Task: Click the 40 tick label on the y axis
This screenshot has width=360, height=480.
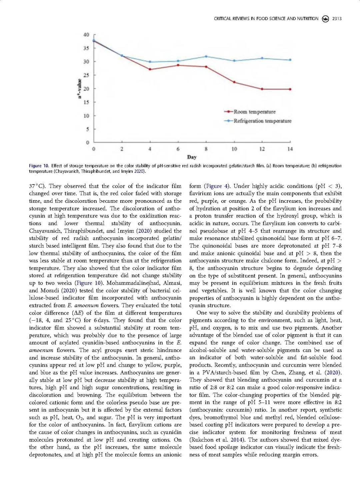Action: [x=86, y=35]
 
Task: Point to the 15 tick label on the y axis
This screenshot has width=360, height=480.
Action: [x=86, y=102]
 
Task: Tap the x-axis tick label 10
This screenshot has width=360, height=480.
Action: [x=234, y=149]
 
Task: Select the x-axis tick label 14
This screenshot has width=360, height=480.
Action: [x=290, y=149]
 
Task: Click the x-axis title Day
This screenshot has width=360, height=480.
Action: [x=192, y=157]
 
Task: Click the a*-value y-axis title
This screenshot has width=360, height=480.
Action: [x=79, y=88]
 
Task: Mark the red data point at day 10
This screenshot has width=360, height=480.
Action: [x=234, y=82]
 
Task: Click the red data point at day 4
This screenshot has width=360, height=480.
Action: [x=150, y=69]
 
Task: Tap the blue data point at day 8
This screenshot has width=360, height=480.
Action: [x=206, y=56]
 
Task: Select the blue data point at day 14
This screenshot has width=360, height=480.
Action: [x=290, y=60]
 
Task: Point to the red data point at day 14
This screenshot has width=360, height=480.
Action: [x=290, y=89]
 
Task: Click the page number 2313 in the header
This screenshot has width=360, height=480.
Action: [x=337, y=19]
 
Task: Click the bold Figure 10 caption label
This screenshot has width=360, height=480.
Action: [x=39, y=166]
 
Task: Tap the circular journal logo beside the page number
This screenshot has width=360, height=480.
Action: [x=325, y=19]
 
